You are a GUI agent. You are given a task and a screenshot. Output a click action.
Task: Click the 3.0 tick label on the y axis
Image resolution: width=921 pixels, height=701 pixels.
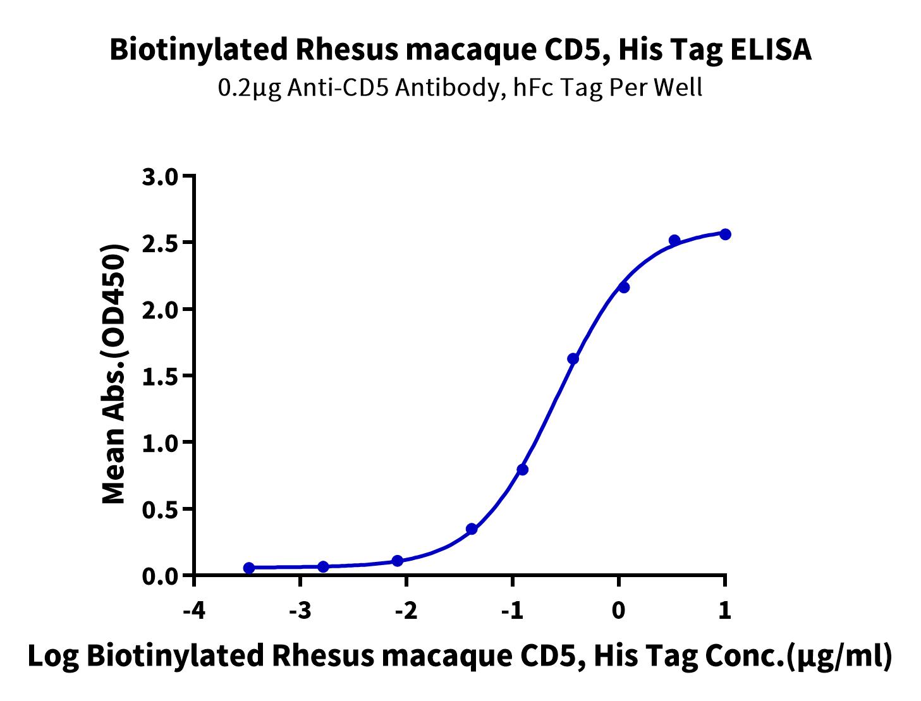coord(161,176)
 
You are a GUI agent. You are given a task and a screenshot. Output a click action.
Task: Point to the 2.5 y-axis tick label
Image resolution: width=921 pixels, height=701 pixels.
coord(161,243)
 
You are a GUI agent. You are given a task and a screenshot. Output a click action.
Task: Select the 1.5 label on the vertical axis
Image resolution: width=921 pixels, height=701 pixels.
coord(161,376)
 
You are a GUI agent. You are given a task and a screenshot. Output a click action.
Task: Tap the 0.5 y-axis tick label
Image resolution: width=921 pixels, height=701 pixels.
coord(161,509)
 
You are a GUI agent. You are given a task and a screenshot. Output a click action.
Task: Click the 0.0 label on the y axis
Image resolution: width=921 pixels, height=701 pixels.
coord(161,576)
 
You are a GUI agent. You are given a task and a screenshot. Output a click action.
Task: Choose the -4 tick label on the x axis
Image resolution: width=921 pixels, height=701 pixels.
coord(194,611)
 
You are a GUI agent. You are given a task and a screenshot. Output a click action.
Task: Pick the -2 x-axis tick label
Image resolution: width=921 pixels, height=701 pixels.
coord(406,611)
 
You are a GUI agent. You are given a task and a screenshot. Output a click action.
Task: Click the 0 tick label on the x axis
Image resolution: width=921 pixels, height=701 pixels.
coord(618,611)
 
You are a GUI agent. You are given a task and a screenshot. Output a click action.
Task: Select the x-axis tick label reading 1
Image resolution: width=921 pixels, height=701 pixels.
coord(724,611)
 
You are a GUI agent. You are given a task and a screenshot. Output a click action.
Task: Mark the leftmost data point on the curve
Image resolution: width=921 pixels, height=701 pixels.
coord(249,568)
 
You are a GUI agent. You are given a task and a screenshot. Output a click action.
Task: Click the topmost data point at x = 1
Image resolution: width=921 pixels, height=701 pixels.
coord(725,234)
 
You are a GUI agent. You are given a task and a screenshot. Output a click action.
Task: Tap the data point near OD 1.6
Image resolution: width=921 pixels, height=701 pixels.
coord(573,358)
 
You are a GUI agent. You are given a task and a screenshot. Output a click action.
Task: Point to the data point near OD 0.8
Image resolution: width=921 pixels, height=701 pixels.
coord(522,470)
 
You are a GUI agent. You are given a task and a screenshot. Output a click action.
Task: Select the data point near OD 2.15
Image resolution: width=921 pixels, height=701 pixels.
coord(623,288)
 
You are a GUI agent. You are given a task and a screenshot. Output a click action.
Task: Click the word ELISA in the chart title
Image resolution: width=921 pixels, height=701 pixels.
coord(771,49)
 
